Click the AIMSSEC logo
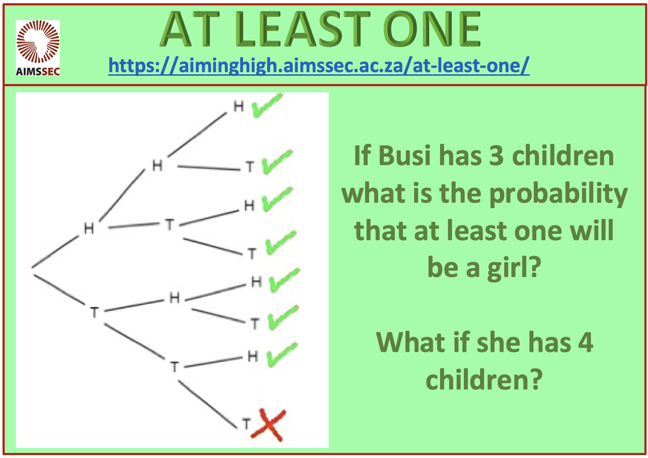point(38,48)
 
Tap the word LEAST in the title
point(302,29)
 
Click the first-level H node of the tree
point(89,228)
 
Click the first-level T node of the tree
point(94,312)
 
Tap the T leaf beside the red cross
point(246,424)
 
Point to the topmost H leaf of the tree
point(239,106)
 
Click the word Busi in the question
point(405,156)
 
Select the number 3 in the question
point(497,156)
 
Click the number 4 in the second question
point(586,342)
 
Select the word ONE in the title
point(432,29)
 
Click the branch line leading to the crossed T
point(208,405)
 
